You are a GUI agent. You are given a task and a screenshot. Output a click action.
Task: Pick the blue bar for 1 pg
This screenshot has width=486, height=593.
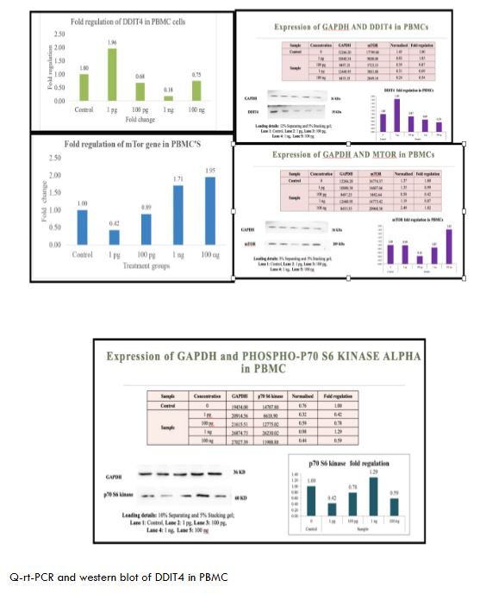pos(112,237)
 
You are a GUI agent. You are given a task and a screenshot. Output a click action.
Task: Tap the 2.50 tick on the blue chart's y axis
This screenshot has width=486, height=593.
pos(53,159)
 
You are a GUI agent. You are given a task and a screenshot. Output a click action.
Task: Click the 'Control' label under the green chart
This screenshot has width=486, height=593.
pos(84,109)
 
